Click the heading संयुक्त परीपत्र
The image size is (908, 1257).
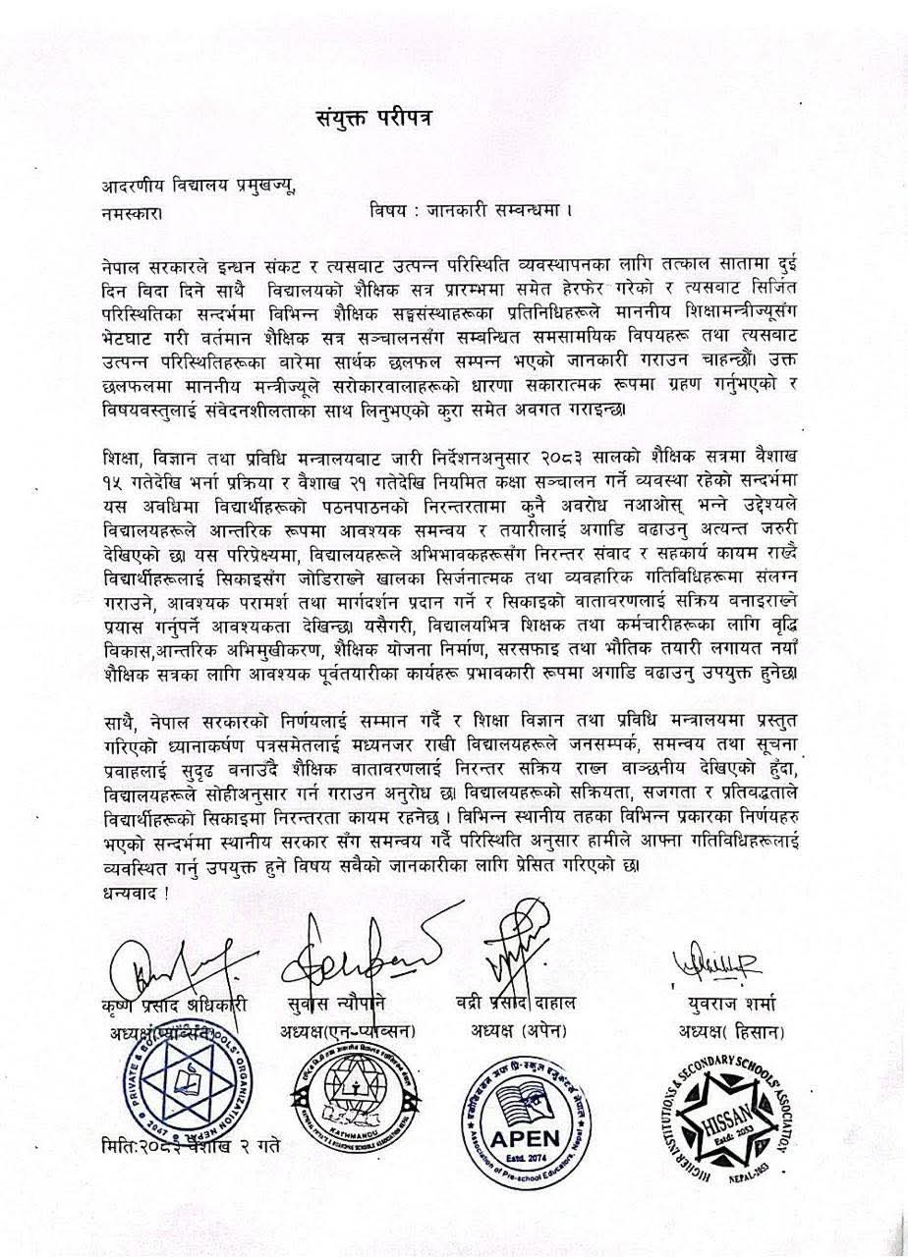point(372,118)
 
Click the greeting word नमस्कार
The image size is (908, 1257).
point(132,211)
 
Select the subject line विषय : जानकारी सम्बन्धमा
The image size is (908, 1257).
point(471,210)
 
